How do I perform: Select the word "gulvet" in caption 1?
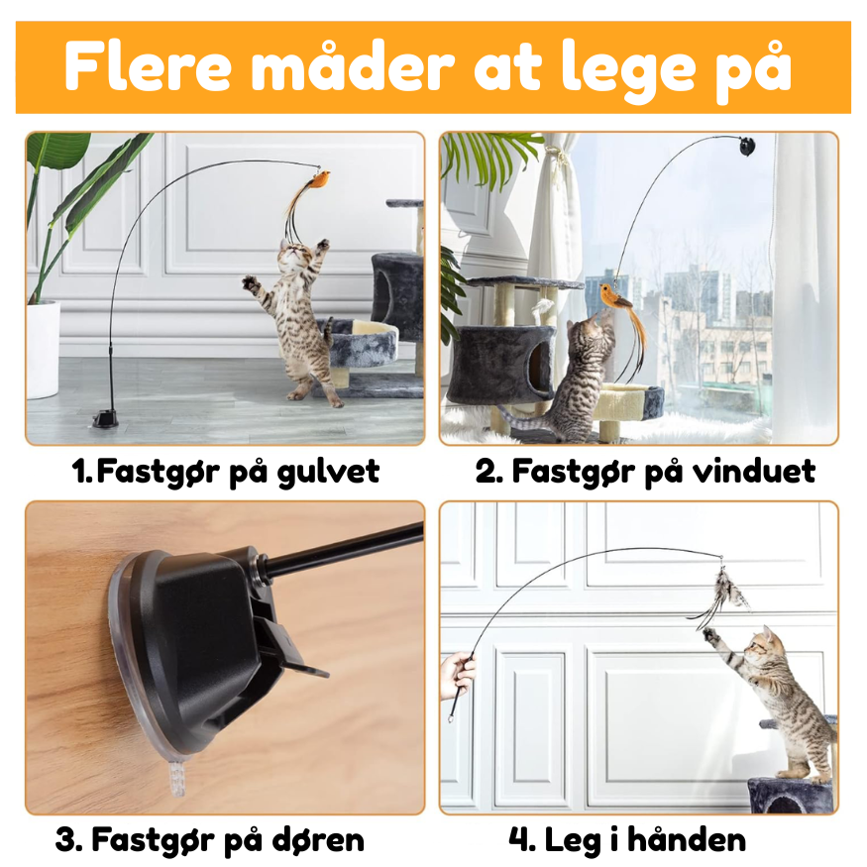coord(333,472)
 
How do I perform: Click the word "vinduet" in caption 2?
coord(759,472)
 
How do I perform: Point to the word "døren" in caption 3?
coord(316,841)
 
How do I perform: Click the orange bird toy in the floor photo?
coord(318,180)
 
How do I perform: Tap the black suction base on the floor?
coord(106,417)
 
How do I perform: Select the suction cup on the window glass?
coord(744,147)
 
